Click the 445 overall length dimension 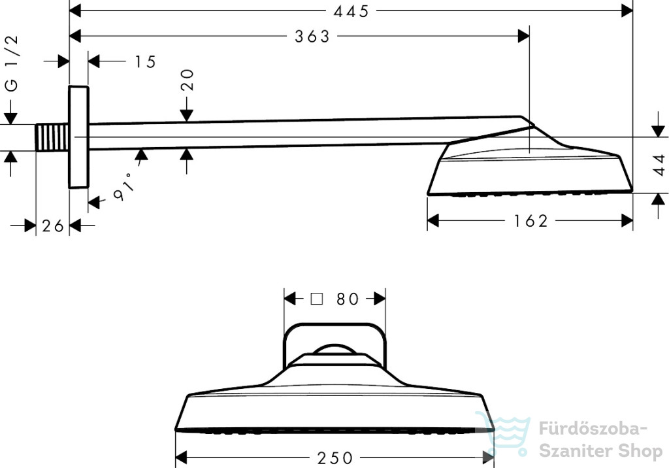[351, 11]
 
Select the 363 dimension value [312, 37]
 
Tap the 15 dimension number [146, 62]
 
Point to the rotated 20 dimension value [188, 80]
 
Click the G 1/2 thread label [12, 63]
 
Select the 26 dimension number [53, 226]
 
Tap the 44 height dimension [660, 165]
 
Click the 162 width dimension [530, 221]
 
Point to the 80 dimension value [348, 299]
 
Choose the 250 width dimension [335, 458]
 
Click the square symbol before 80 [317, 299]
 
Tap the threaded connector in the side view [52, 137]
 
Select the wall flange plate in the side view [79, 137]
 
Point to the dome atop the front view [335, 349]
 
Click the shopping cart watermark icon [503, 433]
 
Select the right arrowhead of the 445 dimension [627, 11]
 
